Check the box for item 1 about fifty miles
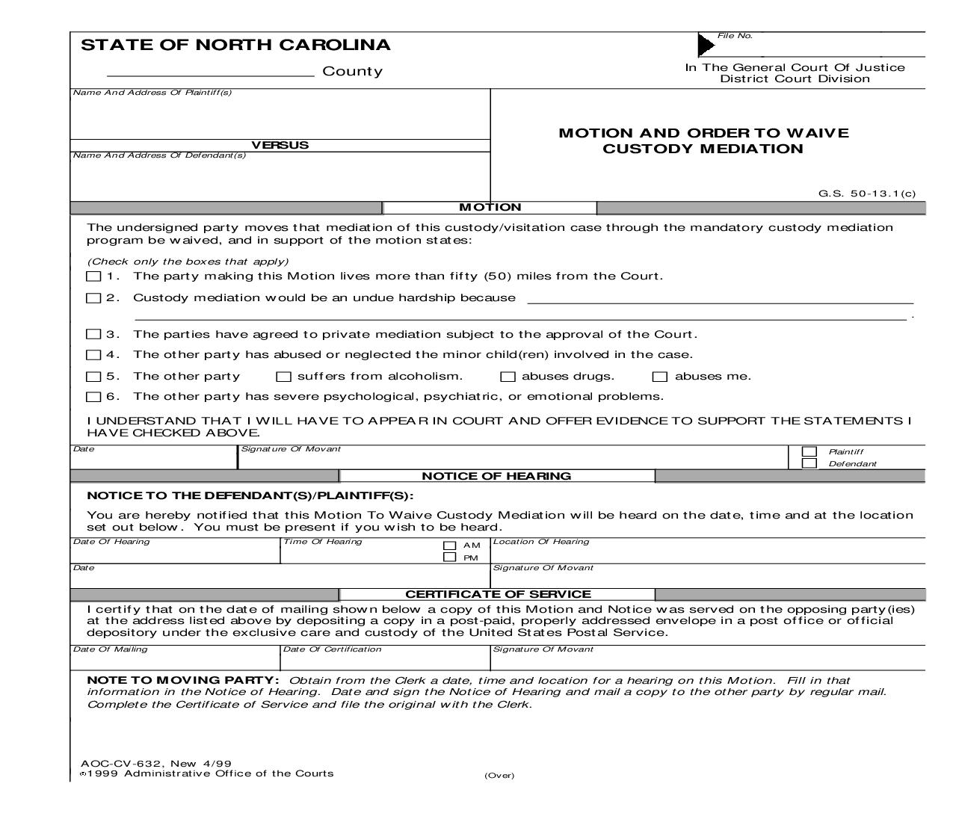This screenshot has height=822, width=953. point(93,276)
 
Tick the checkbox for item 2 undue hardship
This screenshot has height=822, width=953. point(93,298)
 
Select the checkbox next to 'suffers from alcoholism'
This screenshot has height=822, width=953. point(283,377)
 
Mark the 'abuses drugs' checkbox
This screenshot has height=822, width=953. point(508,377)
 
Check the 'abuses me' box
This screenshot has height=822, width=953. point(660,377)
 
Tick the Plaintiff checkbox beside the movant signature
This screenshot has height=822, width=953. point(809,451)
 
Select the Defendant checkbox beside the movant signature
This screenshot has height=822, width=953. point(809,463)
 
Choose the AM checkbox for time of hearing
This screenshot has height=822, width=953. point(450,546)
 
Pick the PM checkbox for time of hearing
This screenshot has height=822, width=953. point(450,557)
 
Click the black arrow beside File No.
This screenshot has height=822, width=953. point(706,45)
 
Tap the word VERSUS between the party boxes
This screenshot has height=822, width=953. point(280,145)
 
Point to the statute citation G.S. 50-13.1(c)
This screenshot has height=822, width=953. point(866,194)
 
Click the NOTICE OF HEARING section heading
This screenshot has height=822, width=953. point(496,476)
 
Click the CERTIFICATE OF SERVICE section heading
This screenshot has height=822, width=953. point(498,594)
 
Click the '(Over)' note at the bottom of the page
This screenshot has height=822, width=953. point(499,776)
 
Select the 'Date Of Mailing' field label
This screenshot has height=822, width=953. point(110,649)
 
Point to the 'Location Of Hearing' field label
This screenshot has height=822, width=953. point(541,542)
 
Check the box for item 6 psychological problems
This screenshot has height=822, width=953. point(93,397)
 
